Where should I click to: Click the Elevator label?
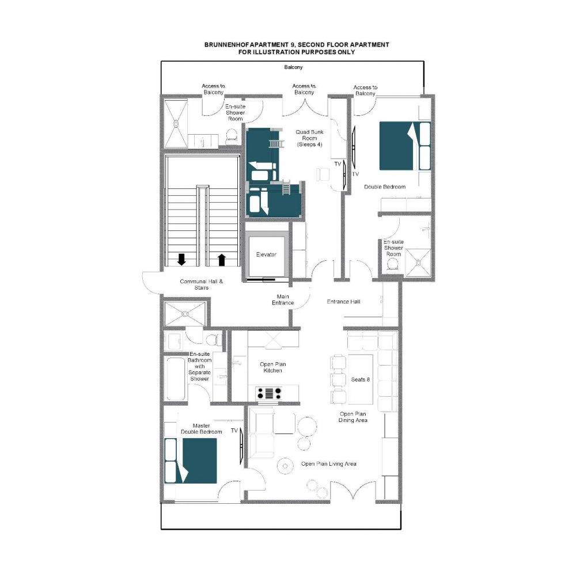pyautogui.click(x=266, y=254)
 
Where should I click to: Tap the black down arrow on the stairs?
pyautogui.click(x=181, y=259)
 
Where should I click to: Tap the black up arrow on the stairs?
pyautogui.click(x=221, y=259)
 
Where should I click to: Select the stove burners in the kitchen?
pyautogui.click(x=269, y=393)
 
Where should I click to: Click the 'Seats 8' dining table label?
pyautogui.click(x=361, y=379)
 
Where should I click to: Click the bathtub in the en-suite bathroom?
pyautogui.click(x=176, y=379)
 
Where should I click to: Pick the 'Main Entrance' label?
pyautogui.click(x=283, y=300)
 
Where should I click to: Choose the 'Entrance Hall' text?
pyautogui.click(x=343, y=302)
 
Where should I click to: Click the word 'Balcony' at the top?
pyautogui.click(x=293, y=67)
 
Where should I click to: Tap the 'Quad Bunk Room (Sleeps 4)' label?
pyautogui.click(x=309, y=138)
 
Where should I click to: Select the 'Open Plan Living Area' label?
pyautogui.click(x=329, y=464)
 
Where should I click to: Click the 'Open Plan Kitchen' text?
pyautogui.click(x=272, y=367)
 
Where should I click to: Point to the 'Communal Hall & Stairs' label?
pyautogui.click(x=201, y=284)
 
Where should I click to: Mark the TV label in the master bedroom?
pyautogui.click(x=234, y=431)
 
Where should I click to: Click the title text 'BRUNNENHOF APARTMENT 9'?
pyautogui.click(x=249, y=45)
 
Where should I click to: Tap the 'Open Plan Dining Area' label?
pyautogui.click(x=353, y=417)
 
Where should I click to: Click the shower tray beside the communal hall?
pyautogui.click(x=185, y=314)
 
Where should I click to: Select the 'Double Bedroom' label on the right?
pyautogui.click(x=385, y=187)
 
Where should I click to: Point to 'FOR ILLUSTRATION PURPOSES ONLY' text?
pyautogui.click(x=297, y=52)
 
